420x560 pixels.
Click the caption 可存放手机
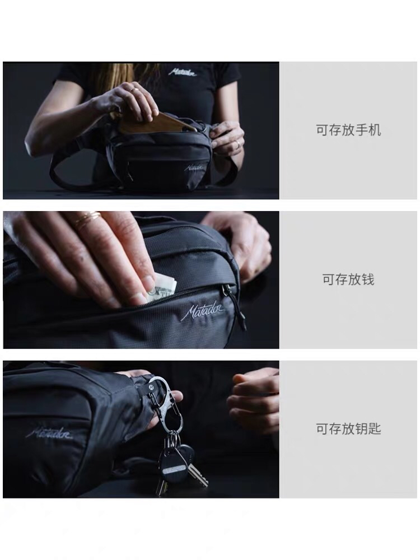348,130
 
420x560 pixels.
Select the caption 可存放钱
348,279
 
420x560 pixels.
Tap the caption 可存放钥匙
348,428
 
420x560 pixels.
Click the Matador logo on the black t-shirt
183,72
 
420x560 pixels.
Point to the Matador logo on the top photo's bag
194,167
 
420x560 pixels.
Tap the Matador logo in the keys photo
49,433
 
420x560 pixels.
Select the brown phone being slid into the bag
153,123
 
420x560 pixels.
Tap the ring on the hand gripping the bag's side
237,143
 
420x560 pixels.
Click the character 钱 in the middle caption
368,279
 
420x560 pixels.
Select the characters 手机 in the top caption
368,130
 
